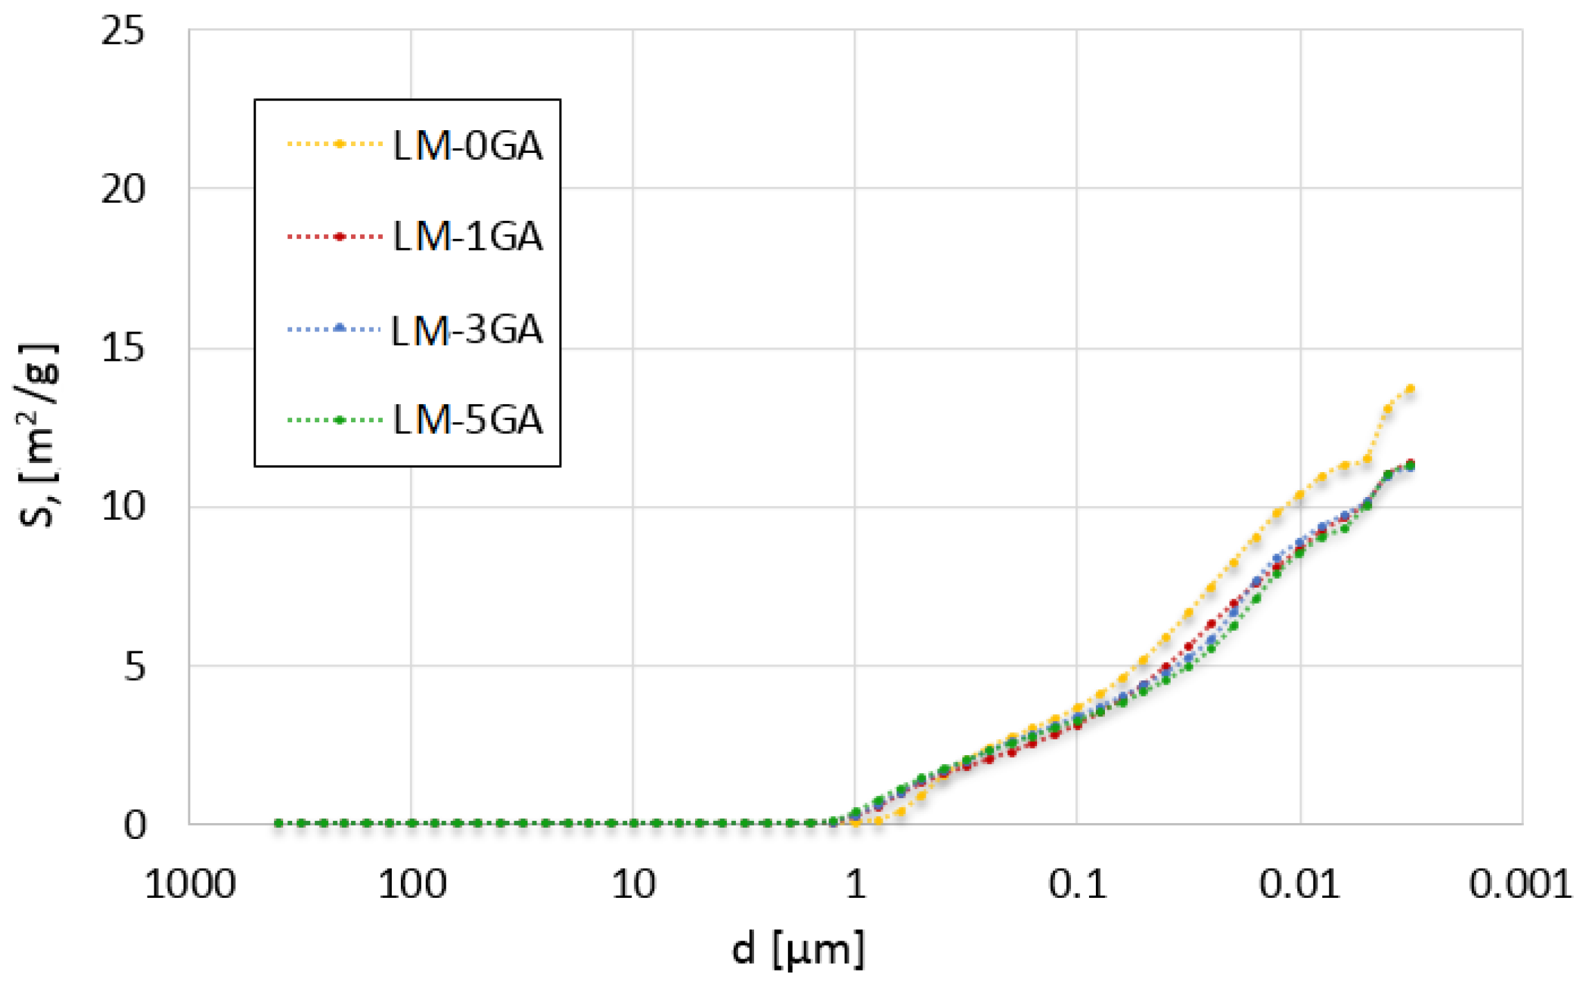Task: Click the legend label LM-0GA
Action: (467, 145)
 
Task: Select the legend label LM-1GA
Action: (467, 237)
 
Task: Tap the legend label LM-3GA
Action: (467, 329)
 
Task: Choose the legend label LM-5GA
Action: (467, 419)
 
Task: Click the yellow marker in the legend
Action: (339, 144)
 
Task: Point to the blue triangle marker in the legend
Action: (339, 328)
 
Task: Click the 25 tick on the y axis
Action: (123, 32)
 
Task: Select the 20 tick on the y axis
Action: (123, 189)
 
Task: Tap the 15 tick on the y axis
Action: (123, 347)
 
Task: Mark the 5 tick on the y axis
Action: (135, 666)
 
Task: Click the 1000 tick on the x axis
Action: (190, 885)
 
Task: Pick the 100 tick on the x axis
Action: (411, 885)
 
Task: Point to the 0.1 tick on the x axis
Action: (1077, 885)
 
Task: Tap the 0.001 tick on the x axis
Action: (1520, 885)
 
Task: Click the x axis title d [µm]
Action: (798, 948)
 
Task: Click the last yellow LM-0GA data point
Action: (1410, 389)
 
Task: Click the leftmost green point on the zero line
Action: (278, 823)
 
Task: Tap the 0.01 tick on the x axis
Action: (1299, 885)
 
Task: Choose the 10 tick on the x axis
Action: (633, 885)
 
